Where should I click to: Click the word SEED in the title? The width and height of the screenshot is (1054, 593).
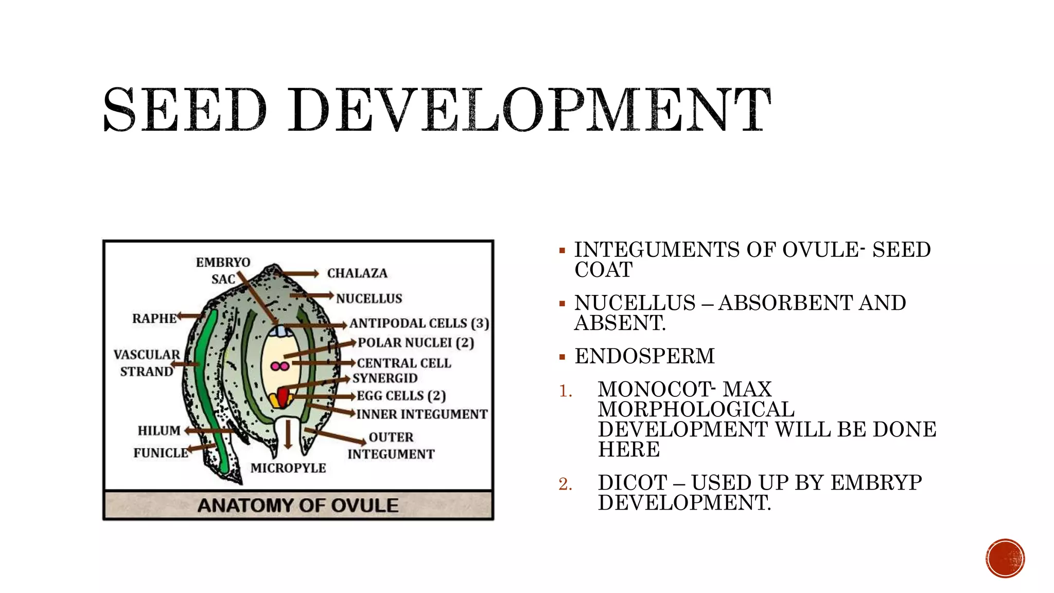(x=185, y=110)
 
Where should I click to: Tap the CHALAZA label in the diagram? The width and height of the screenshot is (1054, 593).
(x=357, y=273)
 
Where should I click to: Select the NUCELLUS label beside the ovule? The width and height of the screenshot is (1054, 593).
(x=369, y=299)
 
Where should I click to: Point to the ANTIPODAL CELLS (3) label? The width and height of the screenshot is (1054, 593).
(x=419, y=323)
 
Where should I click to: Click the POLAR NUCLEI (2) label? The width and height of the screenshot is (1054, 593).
(x=416, y=343)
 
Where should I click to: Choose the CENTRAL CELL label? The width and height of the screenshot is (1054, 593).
(x=404, y=363)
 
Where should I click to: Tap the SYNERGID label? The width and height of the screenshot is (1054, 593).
(x=385, y=378)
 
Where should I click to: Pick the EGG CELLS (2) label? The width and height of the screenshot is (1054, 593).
(x=401, y=396)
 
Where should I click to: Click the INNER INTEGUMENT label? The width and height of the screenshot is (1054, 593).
(x=422, y=414)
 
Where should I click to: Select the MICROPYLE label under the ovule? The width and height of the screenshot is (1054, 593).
(x=288, y=468)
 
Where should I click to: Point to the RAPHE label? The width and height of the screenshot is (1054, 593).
(x=154, y=319)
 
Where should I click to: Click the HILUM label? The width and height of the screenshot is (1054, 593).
(x=159, y=430)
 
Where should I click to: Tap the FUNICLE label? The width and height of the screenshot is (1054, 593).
(x=161, y=453)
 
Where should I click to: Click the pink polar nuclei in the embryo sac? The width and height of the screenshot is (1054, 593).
(x=280, y=367)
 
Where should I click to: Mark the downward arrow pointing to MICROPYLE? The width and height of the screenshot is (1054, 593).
(x=288, y=435)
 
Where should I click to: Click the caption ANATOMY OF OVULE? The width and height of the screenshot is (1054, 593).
(x=298, y=505)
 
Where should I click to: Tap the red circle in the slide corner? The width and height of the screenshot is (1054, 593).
(x=1005, y=559)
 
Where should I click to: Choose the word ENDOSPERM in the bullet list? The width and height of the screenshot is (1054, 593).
(x=644, y=356)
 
